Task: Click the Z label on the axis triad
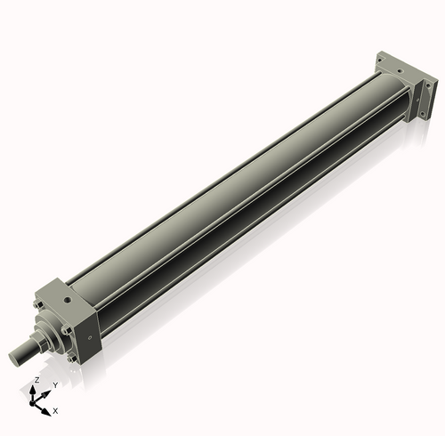click(36, 379)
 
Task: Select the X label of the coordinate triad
click(55, 411)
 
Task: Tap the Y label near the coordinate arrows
click(54, 384)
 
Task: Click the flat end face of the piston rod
click(14, 357)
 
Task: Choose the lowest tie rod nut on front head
click(70, 359)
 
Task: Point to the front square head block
click(76, 316)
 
